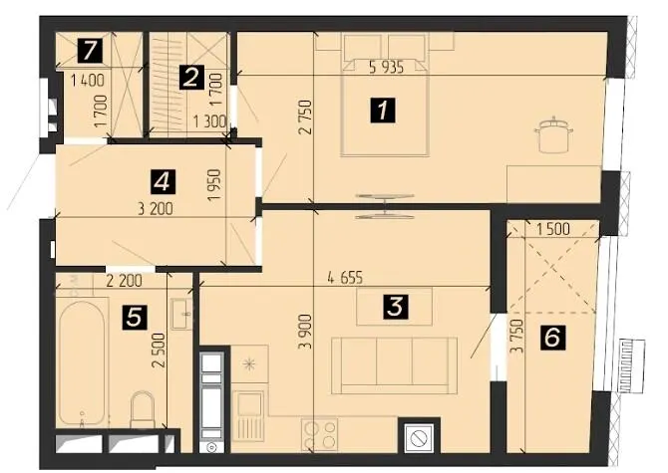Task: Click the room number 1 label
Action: tap(383, 111)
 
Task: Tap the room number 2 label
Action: tap(190, 78)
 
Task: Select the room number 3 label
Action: tap(395, 307)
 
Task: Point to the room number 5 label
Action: tap(135, 318)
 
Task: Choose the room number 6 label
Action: tap(552, 338)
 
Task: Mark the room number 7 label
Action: tap(90, 50)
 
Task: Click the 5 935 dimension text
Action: tap(386, 67)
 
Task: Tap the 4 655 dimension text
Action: tap(345, 278)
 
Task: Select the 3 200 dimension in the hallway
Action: tap(156, 209)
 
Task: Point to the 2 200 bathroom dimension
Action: tap(124, 281)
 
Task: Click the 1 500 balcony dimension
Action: tap(553, 229)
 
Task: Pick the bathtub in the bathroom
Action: tap(82, 362)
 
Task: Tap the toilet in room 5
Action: tap(143, 409)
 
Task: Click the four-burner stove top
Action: tap(319, 434)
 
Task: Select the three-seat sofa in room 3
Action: tap(395, 365)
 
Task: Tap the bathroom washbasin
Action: tap(181, 314)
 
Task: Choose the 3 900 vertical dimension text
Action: tap(305, 332)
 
